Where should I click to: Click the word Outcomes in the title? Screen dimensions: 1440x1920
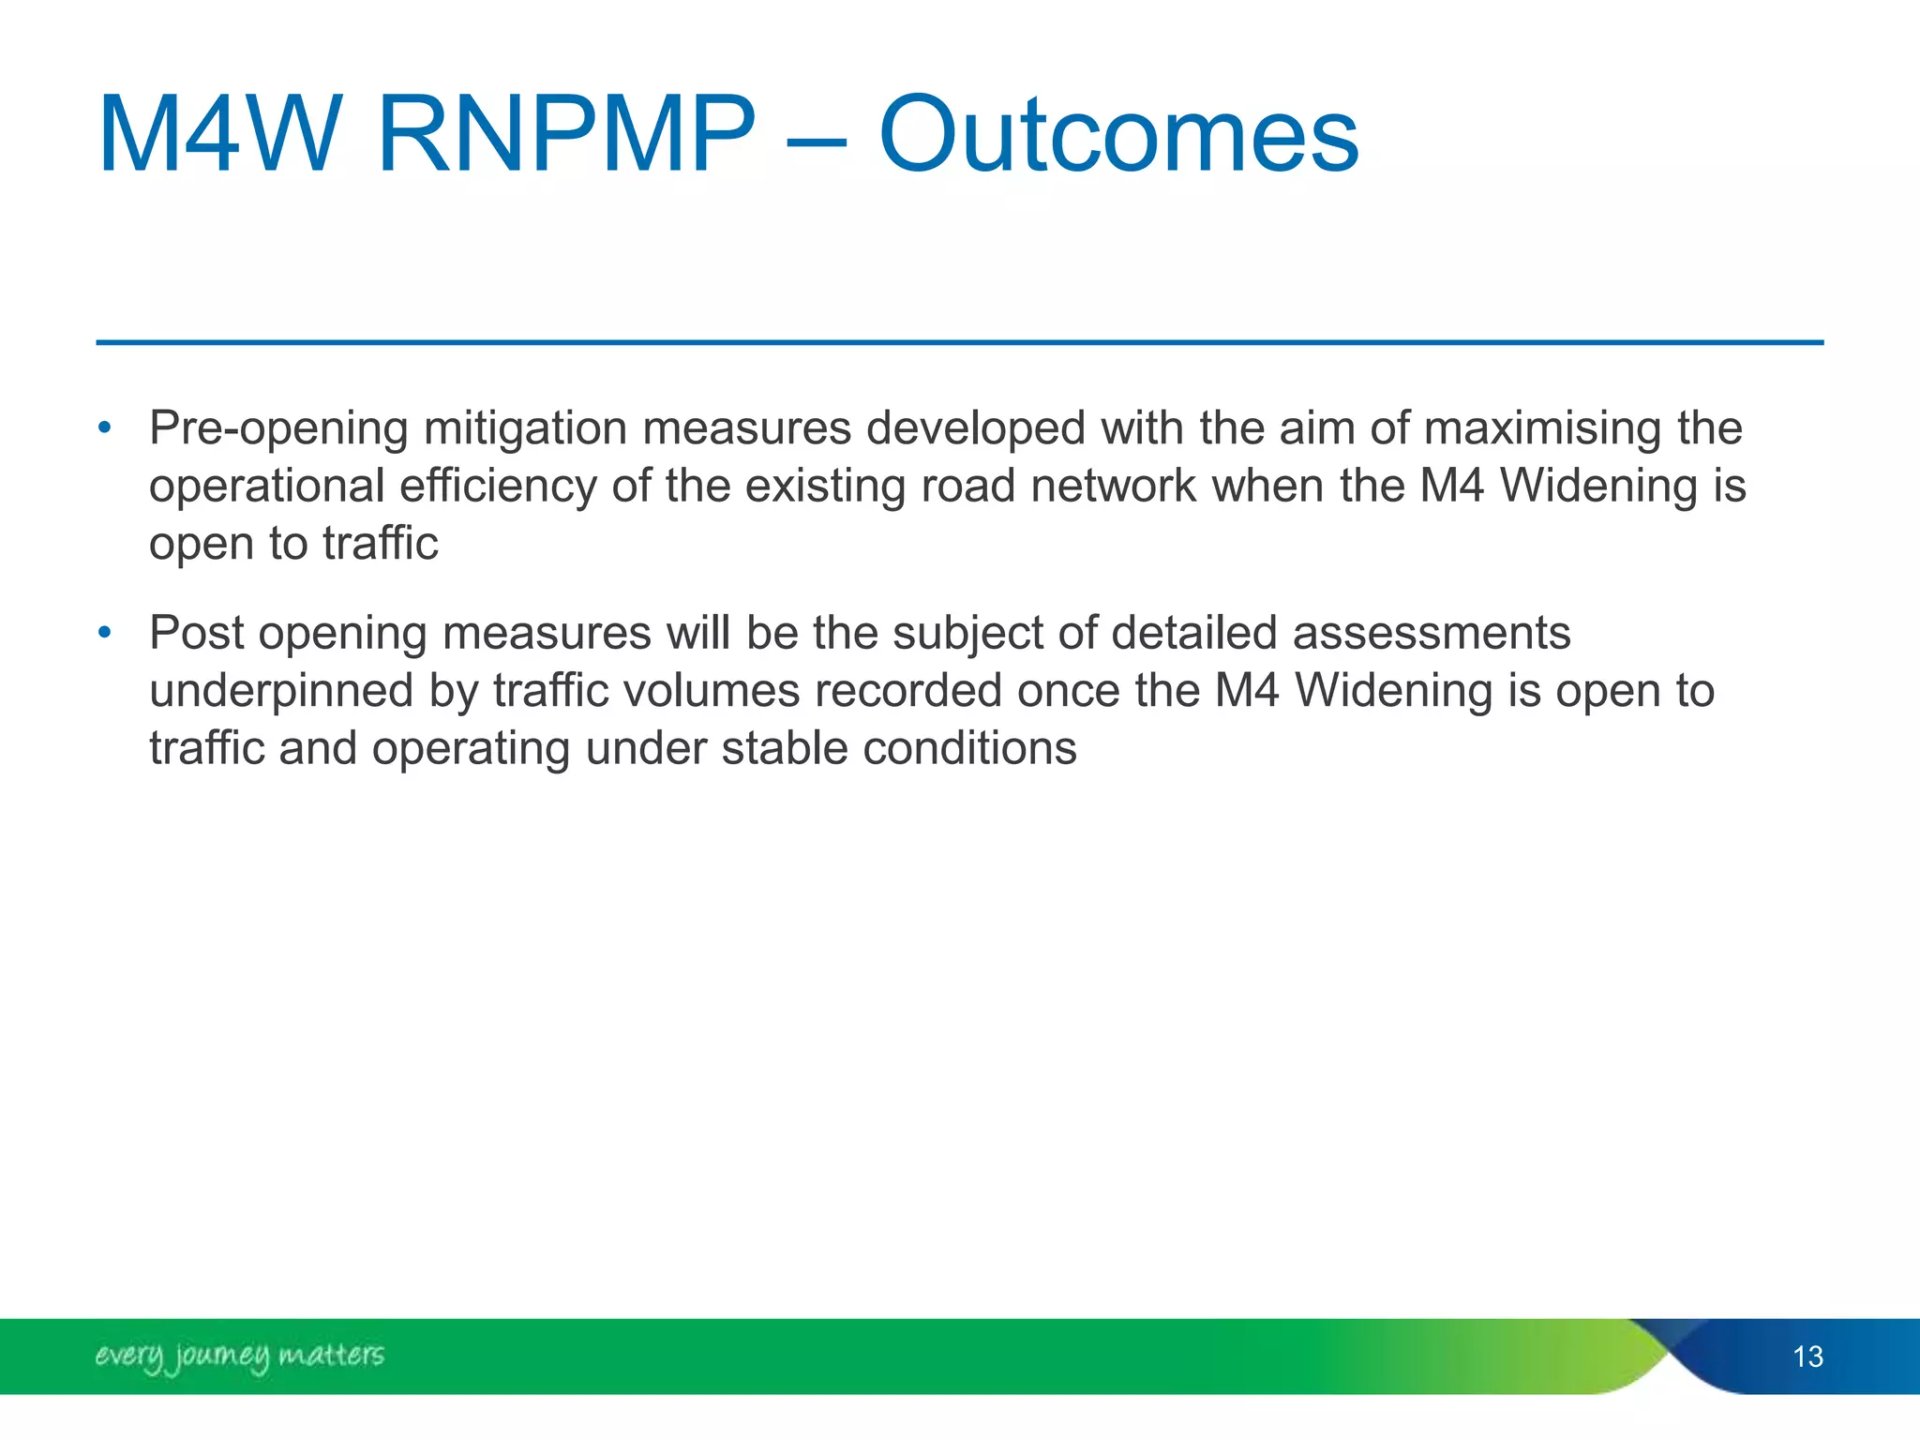1117,136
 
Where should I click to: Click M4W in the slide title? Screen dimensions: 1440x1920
217,136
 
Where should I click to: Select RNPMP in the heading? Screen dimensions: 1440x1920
565,136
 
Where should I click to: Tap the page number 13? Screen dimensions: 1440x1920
1807,1357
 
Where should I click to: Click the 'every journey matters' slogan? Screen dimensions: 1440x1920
239,1356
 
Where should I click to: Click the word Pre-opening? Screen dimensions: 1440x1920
278,429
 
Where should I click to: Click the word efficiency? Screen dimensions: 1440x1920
498,487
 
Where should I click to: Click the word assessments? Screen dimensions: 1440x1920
1432,633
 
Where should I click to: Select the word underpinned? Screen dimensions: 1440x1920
280,691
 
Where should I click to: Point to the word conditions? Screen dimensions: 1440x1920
969,749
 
